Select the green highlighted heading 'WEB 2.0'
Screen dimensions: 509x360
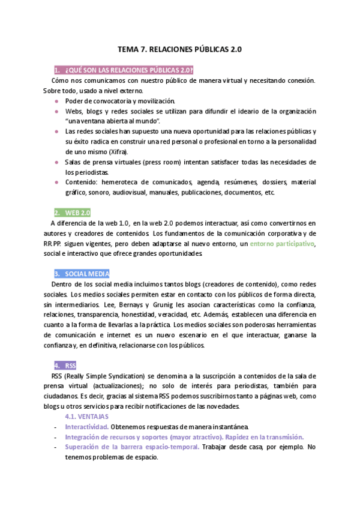point(72,212)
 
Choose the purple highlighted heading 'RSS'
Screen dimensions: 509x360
point(65,365)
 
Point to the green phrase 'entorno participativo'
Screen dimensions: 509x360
point(282,244)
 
